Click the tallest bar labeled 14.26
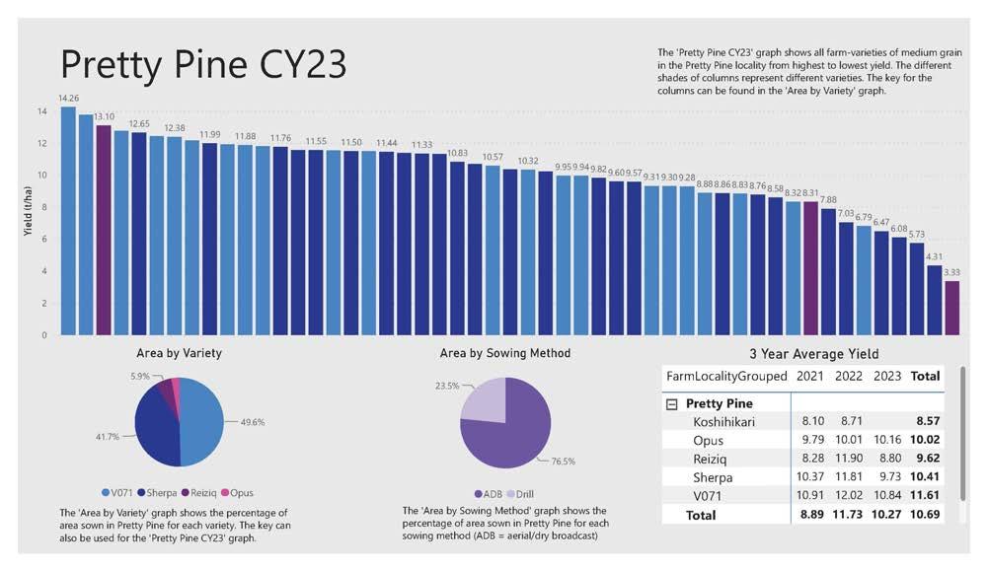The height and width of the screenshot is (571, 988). pos(68,220)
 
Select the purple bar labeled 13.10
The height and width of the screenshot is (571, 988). pos(104,230)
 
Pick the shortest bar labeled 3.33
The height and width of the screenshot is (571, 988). pos(951,308)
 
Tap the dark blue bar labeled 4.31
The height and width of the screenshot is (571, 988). pos(934,300)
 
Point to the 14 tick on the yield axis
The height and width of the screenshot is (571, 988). pos(42,111)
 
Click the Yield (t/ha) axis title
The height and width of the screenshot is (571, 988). pos(27,211)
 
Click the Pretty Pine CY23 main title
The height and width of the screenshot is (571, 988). pos(203,64)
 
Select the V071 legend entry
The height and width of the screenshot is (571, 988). pos(116,493)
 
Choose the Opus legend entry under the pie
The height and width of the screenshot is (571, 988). pos(237,493)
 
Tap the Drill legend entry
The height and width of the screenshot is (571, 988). pos(520,494)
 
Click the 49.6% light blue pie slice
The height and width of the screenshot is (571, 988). pos(201,422)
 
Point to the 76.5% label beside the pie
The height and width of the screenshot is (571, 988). pos(563,462)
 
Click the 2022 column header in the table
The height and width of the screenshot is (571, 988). pos(848,376)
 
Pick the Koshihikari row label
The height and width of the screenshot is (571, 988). pos(723,422)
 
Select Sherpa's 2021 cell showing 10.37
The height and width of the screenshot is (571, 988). pos(809,476)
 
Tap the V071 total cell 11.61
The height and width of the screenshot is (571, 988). pos(925,495)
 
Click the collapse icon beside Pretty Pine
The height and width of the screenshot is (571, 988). pos(672,404)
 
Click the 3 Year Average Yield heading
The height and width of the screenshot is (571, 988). pos(813,354)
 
